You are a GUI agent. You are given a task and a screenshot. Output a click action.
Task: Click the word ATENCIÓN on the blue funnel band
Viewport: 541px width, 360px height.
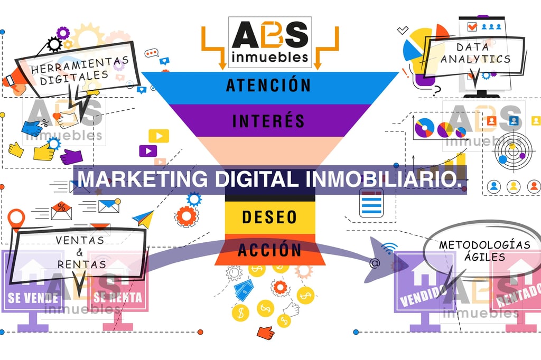click(268, 85)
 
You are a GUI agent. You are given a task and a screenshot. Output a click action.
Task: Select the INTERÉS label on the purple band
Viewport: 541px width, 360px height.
click(268, 120)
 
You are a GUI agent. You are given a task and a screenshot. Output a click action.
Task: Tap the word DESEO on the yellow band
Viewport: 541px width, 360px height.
click(269, 216)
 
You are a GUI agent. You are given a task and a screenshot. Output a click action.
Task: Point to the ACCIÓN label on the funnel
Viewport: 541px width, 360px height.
click(269, 249)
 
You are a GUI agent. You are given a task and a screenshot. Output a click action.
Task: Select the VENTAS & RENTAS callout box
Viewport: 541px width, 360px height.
click(80, 252)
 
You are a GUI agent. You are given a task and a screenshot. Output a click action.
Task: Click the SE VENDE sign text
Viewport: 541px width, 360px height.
click(33, 298)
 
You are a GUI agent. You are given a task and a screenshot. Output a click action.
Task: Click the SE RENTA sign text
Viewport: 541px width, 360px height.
click(118, 298)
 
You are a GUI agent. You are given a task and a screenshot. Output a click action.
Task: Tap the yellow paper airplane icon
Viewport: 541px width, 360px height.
click(143, 218)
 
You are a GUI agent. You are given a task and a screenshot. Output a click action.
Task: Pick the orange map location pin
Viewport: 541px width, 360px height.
click(17, 218)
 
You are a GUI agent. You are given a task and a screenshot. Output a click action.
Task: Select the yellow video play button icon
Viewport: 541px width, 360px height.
click(158, 136)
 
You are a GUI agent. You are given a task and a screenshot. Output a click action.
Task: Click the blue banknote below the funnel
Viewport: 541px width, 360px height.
click(244, 289)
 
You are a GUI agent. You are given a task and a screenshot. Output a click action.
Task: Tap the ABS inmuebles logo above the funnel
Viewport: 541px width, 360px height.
click(270, 42)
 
